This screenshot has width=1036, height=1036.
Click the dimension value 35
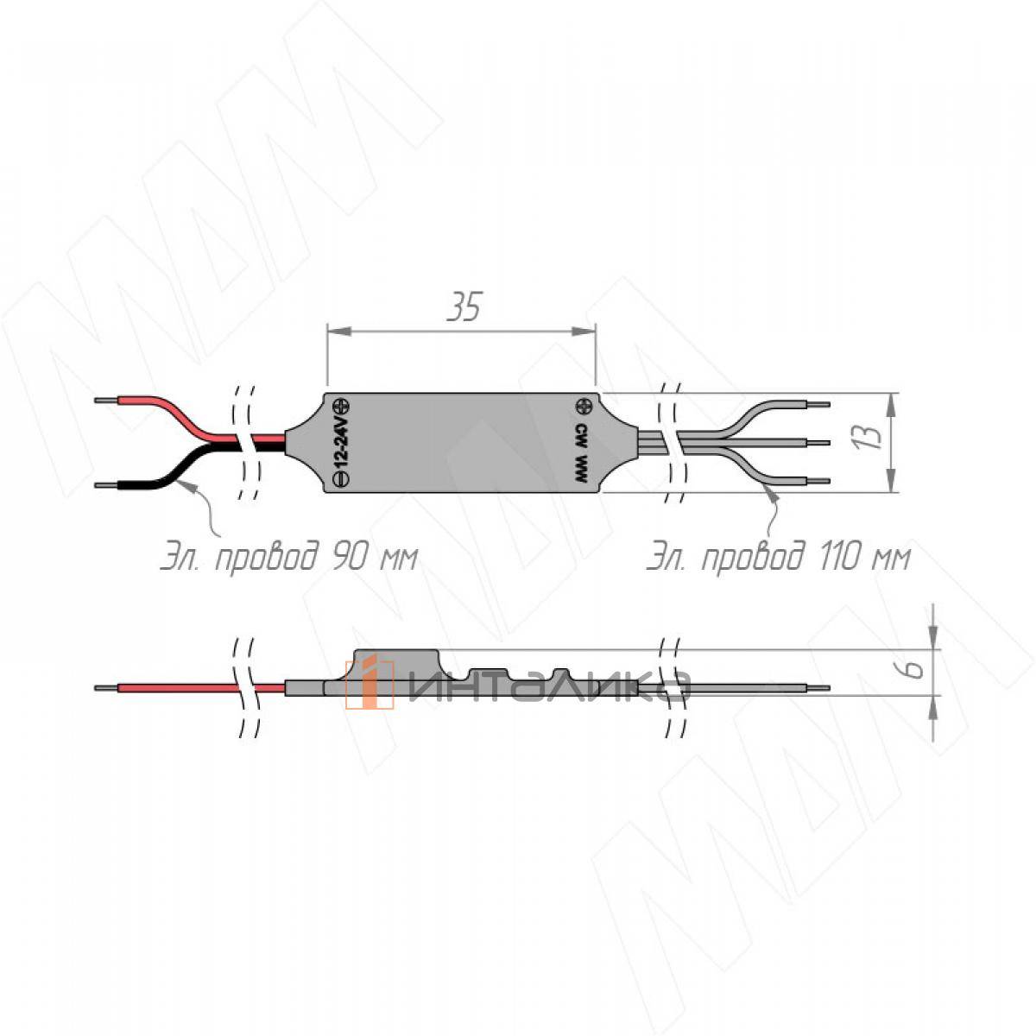[464, 307]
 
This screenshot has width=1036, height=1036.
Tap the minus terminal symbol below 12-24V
[342, 478]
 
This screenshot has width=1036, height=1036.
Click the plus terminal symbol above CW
[584, 407]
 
